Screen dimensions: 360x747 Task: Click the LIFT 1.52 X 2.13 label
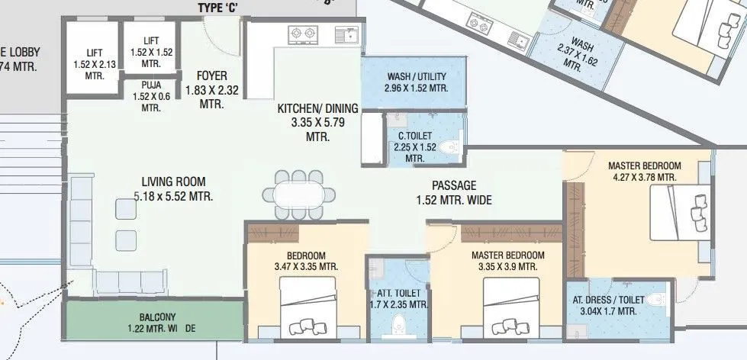(95, 64)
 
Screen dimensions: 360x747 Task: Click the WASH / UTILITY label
(416, 82)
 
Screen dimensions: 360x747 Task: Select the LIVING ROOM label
(173, 188)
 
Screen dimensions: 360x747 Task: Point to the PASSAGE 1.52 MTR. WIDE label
(454, 193)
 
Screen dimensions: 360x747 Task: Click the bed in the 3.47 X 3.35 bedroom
(307, 305)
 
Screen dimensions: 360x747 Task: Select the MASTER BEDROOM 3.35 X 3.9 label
(507, 261)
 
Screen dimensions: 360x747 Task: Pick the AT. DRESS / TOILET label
(608, 305)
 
